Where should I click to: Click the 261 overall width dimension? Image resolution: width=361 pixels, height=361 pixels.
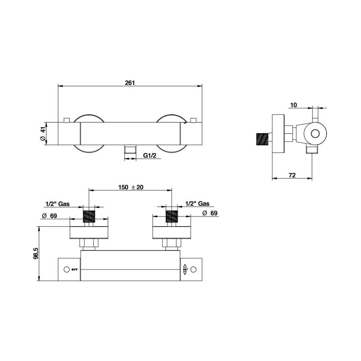pos(130,83)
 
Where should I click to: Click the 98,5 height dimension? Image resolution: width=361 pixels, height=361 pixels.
pos(36,254)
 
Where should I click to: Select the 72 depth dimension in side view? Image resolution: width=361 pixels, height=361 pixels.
pos(292,175)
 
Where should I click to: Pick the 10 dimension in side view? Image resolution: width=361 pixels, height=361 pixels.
pos(293,105)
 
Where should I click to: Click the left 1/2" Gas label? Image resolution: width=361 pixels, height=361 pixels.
pos(58,204)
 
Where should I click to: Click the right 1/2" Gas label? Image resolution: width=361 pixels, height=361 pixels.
pos(197,204)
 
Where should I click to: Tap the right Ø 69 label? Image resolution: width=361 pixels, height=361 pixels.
pos(210,213)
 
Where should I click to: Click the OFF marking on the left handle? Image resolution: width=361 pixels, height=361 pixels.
pos(74,269)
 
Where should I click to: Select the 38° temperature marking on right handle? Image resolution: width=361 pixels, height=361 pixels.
pos(185,269)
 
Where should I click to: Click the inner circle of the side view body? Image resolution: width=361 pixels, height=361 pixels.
pos(316,133)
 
